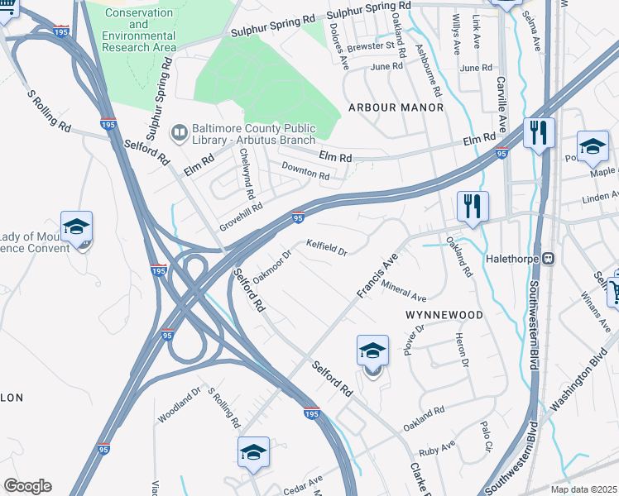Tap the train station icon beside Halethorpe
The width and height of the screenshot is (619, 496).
pyautogui.click(x=547, y=259)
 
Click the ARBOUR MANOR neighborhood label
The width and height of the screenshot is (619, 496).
pyautogui.click(x=396, y=107)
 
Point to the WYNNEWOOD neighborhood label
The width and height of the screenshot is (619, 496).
pyautogui.click(x=444, y=316)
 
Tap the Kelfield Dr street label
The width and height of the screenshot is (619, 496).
pyautogui.click(x=326, y=246)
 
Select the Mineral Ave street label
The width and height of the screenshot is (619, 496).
pyautogui.click(x=404, y=291)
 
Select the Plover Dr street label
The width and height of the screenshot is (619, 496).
pyautogui.click(x=414, y=339)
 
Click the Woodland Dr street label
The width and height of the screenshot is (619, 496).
pyautogui.click(x=180, y=405)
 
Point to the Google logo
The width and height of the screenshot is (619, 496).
pyautogui.click(x=27, y=486)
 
